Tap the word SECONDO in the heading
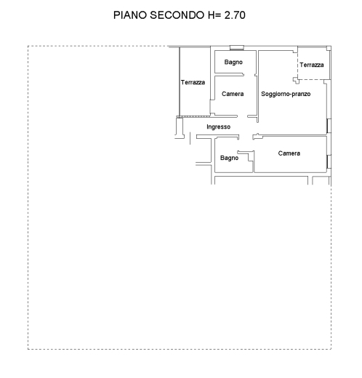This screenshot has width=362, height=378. point(177,15)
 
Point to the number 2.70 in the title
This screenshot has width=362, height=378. point(235,15)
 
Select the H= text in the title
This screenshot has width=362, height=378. point(214,15)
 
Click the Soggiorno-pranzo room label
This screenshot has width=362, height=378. point(286,94)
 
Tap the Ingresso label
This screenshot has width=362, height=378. point(218,126)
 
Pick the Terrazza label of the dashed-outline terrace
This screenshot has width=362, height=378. point(312,65)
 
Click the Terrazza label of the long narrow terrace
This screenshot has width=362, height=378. point(193,82)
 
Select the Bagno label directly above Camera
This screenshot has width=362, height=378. point(233,63)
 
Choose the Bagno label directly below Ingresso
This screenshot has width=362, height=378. point(229,158)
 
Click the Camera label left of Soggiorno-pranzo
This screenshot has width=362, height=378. point(233,94)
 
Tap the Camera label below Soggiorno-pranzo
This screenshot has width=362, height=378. point(289,153)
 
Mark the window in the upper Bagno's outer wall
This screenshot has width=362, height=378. point(237,48)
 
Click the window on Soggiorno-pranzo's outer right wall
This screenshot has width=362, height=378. point(329,126)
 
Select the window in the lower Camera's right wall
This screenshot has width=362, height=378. point(329,161)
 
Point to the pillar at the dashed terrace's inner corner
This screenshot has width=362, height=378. point(296,81)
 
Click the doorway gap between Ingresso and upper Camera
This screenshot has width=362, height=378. point(242,116)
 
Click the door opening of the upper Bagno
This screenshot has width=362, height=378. point(249,75)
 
